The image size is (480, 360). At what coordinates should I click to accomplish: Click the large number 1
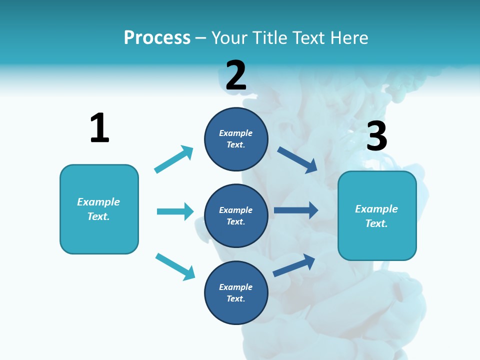click(99, 128)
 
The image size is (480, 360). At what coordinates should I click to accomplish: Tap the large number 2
click(236, 75)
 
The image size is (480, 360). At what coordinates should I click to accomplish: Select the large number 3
click(376, 136)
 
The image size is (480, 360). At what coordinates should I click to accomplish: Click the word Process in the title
click(157, 37)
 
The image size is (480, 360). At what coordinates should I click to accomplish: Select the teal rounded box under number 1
click(99, 209)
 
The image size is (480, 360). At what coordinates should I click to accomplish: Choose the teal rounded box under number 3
click(377, 216)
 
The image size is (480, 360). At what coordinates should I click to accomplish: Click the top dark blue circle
click(236, 139)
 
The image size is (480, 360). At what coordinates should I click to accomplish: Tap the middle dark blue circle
click(236, 215)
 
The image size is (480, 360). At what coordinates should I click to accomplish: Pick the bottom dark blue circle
click(236, 292)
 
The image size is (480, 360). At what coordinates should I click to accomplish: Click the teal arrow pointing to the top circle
click(173, 159)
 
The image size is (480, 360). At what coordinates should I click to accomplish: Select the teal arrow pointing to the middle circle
click(175, 211)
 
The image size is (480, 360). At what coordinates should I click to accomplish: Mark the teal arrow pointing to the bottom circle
click(175, 266)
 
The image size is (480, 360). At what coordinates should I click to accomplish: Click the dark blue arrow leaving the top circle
click(297, 159)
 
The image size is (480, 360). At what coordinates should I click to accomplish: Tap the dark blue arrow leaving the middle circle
click(296, 210)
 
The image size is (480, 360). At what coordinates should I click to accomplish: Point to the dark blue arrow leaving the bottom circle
click(294, 265)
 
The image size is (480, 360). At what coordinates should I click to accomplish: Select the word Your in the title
click(228, 37)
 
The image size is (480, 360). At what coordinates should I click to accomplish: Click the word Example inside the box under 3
click(376, 209)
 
